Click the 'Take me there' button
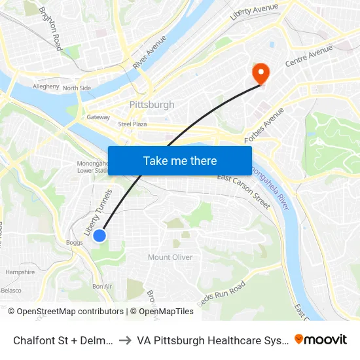pyautogui.click(x=180, y=160)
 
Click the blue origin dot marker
pyautogui.click(x=99, y=236)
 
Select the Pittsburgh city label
pyautogui.click(x=152, y=105)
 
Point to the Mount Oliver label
pyautogui.click(x=170, y=257)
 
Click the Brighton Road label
pyautogui.click(x=50, y=29)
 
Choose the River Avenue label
pyautogui.click(x=149, y=52)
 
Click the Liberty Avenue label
pyautogui.click(x=254, y=12)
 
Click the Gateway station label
pyautogui.click(x=98, y=118)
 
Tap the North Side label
pyautogui.click(x=77, y=88)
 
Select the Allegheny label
pyautogui.click(x=46, y=86)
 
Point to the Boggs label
pyautogui.click(x=74, y=242)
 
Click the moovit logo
pyautogui.click(x=321, y=339)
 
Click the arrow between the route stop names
pyautogui.click(x=124, y=340)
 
